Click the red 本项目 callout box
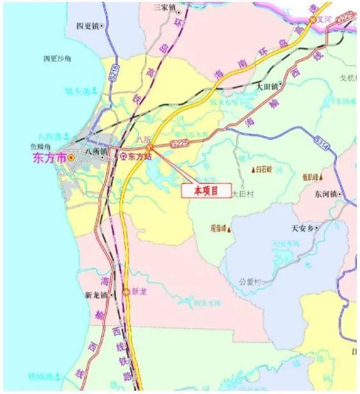coord(206,190)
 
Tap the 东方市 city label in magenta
coord(49,157)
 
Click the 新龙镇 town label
coord(98,295)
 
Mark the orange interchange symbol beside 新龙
coord(126,292)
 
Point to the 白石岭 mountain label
coord(262,170)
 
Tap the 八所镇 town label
coord(96,153)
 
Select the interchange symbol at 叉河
coord(313,20)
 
